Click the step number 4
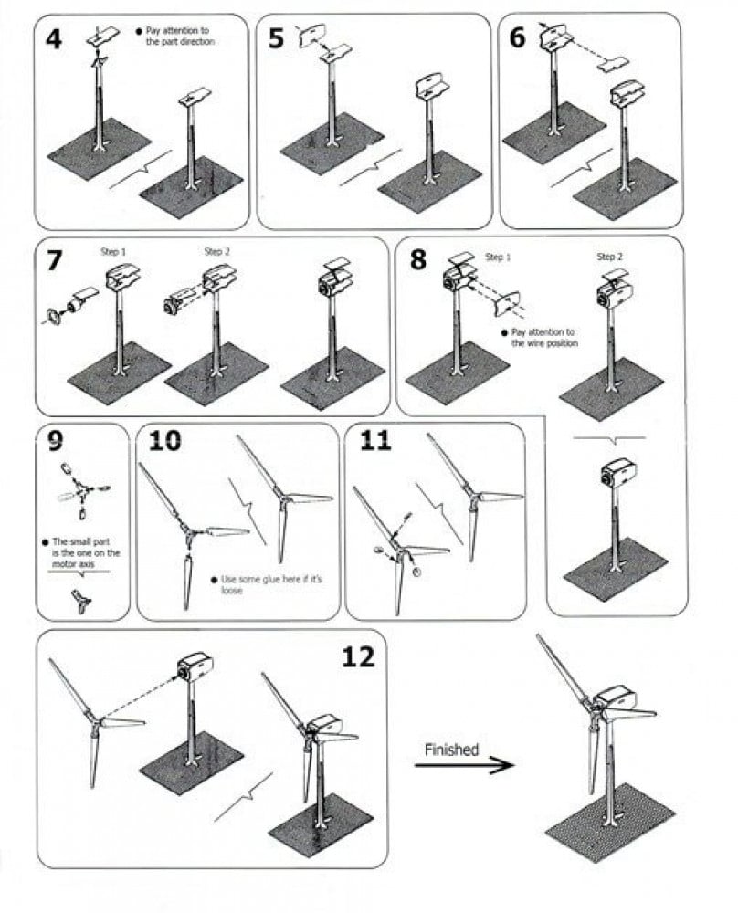point(54,39)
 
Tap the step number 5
point(276,38)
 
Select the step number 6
point(517,37)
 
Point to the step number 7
point(54,260)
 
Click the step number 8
point(417,259)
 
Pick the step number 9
point(55,441)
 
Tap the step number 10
point(164,441)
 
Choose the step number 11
point(375,441)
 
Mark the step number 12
point(358,656)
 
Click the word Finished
point(451,750)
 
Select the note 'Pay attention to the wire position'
point(540,338)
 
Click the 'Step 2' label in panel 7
point(216,252)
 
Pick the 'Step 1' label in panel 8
point(498,257)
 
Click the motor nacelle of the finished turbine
point(615,698)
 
